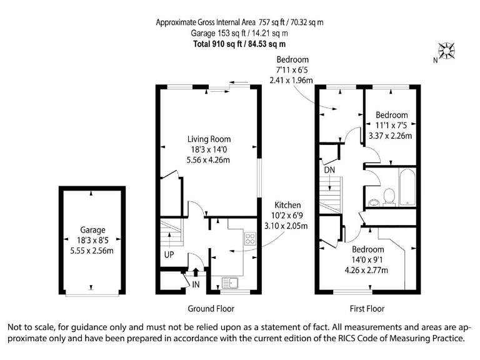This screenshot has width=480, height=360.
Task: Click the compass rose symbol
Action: [x=447, y=51]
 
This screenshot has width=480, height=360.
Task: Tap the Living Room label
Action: [x=209, y=139]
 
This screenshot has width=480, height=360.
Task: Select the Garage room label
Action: [x=92, y=229]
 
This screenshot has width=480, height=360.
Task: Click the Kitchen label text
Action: [x=288, y=205]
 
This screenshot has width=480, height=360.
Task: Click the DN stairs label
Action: [x=329, y=170]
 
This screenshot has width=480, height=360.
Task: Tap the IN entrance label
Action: [x=196, y=284]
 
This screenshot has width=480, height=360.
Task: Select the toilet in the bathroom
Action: [x=389, y=196]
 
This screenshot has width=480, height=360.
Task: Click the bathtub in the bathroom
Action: [x=407, y=186]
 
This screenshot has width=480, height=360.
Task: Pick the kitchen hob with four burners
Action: [x=250, y=238]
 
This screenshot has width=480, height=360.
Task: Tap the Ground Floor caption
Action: [x=211, y=309]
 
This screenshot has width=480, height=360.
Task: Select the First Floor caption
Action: [x=367, y=309]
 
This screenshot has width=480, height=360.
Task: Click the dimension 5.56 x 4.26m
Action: [x=209, y=160]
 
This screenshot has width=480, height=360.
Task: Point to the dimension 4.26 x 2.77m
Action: [x=367, y=270]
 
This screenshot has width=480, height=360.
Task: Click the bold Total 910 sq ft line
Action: [x=240, y=44]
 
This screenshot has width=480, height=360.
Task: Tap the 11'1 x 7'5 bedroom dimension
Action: [x=392, y=125]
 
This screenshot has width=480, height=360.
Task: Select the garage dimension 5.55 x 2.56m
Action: [x=92, y=251]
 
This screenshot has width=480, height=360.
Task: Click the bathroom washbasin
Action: [x=374, y=201]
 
